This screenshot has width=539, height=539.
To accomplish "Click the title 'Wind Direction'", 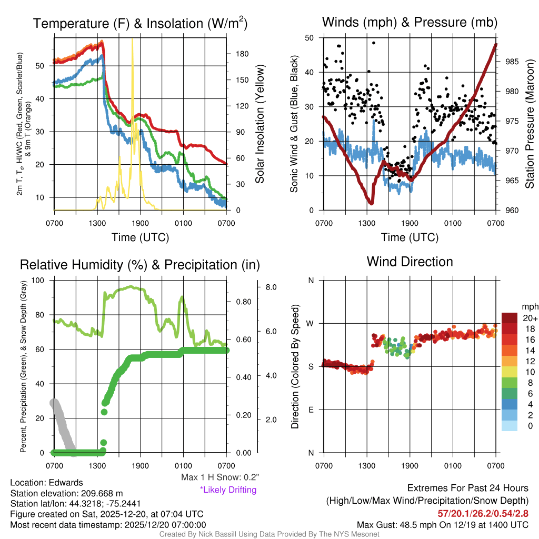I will (x=410, y=262).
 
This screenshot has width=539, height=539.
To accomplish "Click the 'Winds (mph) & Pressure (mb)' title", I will (x=410, y=22).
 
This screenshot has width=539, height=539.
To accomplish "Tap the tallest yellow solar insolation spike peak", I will (x=132, y=40).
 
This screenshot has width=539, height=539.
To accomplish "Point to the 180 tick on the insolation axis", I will (x=238, y=54).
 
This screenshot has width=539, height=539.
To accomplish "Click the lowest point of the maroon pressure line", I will (x=371, y=203).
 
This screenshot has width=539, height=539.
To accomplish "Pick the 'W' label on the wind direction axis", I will (x=311, y=323).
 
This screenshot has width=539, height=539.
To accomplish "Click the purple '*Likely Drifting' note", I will (x=228, y=490).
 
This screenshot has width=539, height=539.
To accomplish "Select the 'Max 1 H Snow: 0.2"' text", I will (x=220, y=477).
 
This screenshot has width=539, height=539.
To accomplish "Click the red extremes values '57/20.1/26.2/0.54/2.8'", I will (x=483, y=513).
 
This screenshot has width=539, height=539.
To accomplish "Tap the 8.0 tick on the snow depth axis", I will (x=272, y=287).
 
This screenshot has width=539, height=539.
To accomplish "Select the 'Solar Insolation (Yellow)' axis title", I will (x=259, y=124).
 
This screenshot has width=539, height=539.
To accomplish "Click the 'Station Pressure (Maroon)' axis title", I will (x=530, y=124).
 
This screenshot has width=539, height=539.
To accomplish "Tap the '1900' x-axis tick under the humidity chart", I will (x=140, y=465).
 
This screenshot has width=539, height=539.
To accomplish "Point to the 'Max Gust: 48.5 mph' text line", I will (x=443, y=524).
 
